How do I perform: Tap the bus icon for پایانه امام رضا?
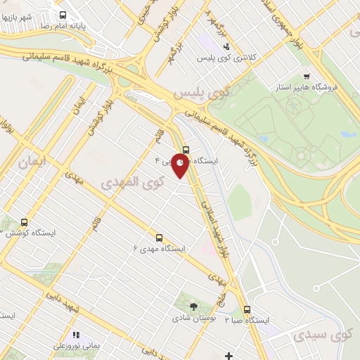point(63,15)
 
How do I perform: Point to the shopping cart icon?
point(306,77)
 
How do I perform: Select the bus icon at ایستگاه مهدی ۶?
point(159,238)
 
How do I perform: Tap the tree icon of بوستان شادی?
point(194,307)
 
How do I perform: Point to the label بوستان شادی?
point(193,318)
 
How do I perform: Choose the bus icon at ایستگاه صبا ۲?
point(247,309)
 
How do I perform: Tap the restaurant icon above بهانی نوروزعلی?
point(75,335)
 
